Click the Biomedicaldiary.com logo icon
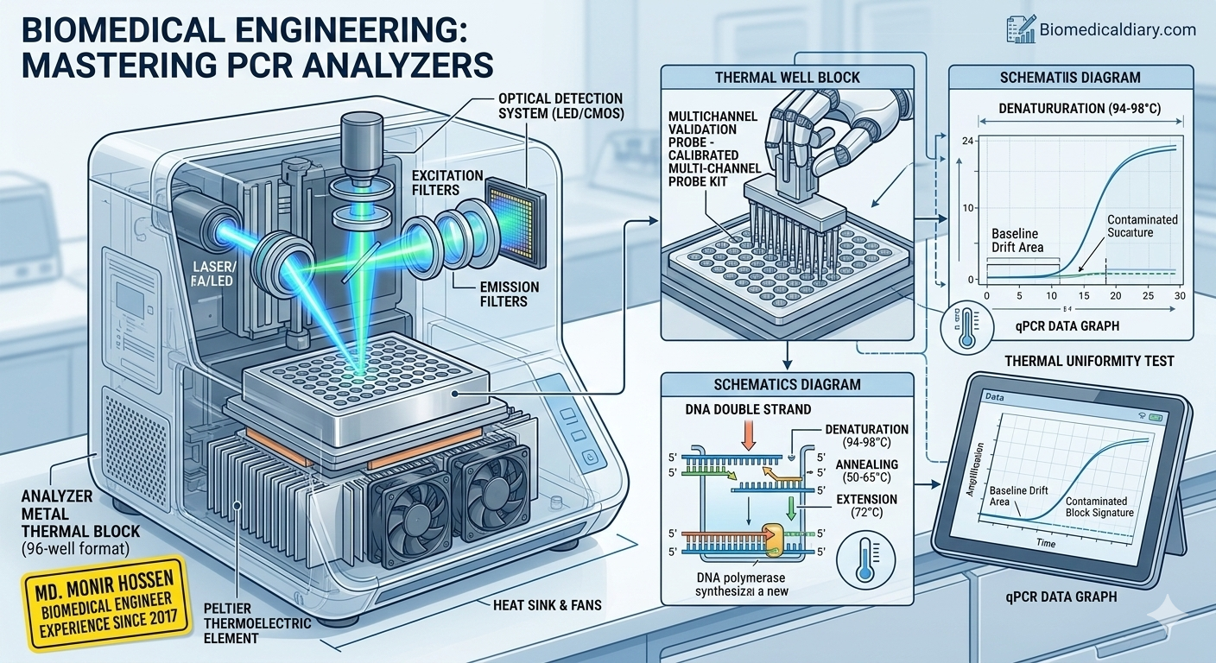pos(1021,29)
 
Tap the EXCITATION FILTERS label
pos(446,183)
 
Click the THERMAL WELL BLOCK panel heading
pos(788,78)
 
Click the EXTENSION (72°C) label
pos(866,507)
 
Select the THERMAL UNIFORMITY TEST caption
pos(1089,360)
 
